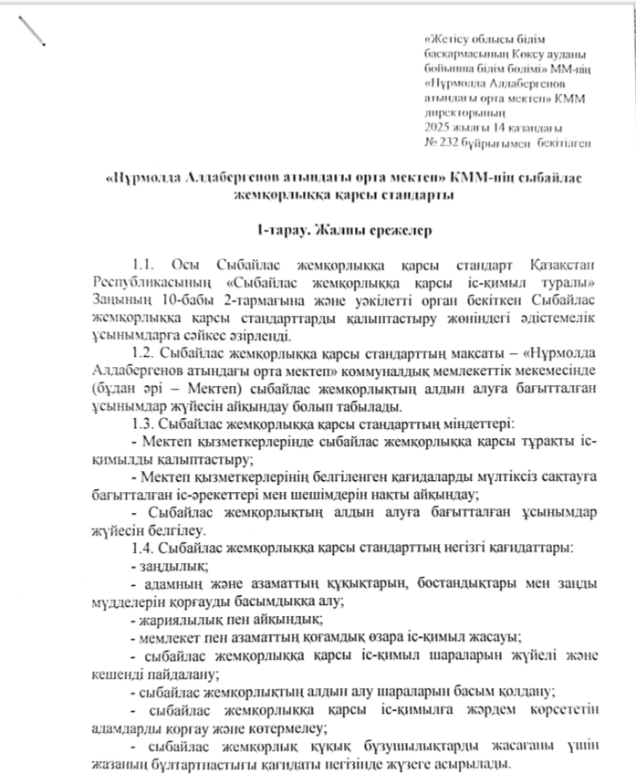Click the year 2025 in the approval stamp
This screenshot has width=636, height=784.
[436, 127]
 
